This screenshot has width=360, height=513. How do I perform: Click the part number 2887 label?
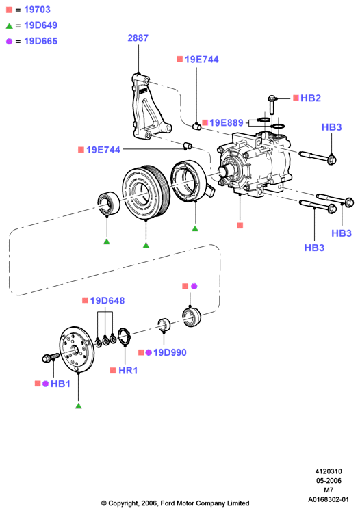pyautogui.click(x=138, y=38)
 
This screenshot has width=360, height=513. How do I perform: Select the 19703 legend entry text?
pyautogui.click(x=38, y=10)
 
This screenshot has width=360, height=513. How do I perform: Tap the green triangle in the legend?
pyautogui.click(x=9, y=25)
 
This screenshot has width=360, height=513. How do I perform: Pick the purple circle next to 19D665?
pyautogui.click(x=9, y=41)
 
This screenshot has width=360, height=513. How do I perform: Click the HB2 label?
pyautogui.click(x=311, y=98)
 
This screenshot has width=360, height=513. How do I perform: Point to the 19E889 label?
pyautogui.click(x=226, y=122)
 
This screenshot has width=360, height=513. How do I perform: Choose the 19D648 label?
pyautogui.click(x=107, y=300)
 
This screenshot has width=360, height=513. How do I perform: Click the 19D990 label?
pyautogui.click(x=170, y=352)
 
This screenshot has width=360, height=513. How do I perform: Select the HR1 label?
pyautogui.click(x=128, y=370)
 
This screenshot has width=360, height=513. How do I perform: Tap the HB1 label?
pyautogui.click(x=60, y=384)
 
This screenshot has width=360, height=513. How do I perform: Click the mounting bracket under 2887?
pyautogui.click(x=149, y=106)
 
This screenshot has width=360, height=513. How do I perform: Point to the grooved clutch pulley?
pyautogui.click(x=146, y=192)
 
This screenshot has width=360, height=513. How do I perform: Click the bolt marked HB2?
pyautogui.click(x=272, y=105)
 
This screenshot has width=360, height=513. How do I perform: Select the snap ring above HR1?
pyautogui.click(x=125, y=337)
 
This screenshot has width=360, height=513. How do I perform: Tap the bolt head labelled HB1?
pyautogui.click(x=47, y=358)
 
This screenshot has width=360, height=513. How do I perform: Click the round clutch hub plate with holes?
pyautogui.click(x=77, y=349)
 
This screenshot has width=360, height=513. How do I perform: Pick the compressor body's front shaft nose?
pyautogui.click(x=225, y=172)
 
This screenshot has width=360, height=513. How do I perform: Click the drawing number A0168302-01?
pyautogui.click(x=329, y=499)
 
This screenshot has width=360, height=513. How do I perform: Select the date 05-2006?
pyautogui.click(x=329, y=481)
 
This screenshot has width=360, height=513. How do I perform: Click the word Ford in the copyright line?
pyautogui.click(x=167, y=503)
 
